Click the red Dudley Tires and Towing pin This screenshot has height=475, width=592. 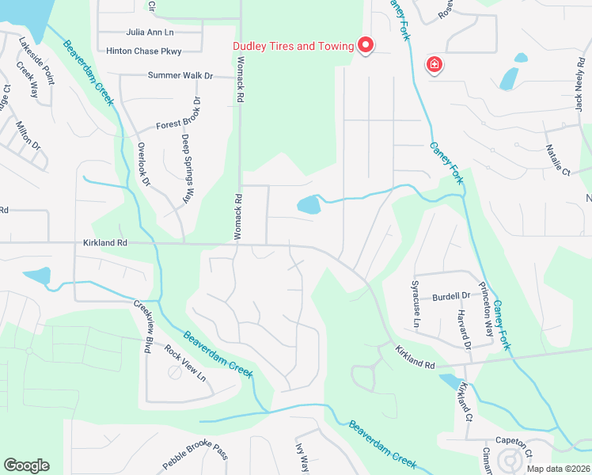point(365,46)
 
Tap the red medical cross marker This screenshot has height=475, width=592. point(434,65)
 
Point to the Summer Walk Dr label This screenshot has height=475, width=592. point(181,75)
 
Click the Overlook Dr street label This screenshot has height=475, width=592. point(142,164)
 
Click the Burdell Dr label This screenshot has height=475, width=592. point(451,297)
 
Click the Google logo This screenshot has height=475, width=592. point(26,465)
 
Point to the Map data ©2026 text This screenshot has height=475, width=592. point(557,469)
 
